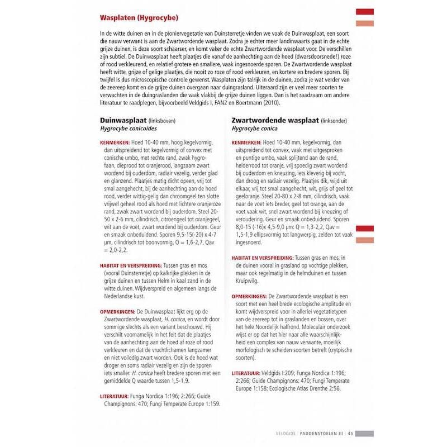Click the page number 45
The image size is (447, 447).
point(350,432)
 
